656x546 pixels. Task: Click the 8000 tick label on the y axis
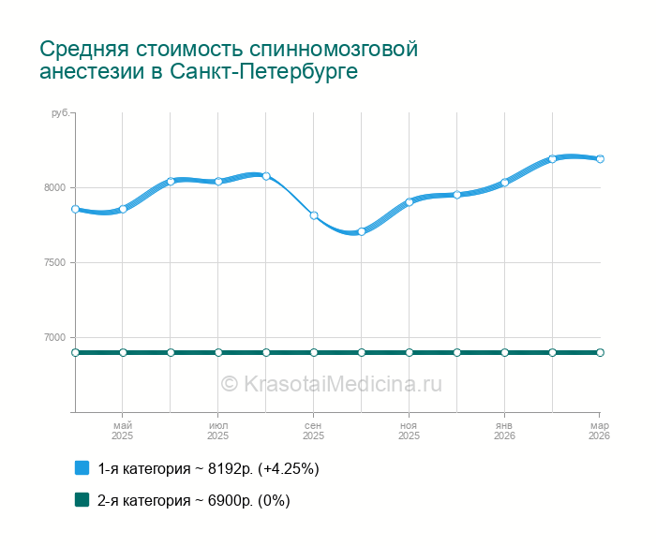pos(54,187)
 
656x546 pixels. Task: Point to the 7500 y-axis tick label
pos(54,262)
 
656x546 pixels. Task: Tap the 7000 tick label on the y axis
pos(54,337)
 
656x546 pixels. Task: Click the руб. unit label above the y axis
pos(60,112)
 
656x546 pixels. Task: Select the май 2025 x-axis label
pos(123,431)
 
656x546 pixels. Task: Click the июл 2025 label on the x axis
pos(218,431)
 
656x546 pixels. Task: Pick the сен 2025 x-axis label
pos(314,431)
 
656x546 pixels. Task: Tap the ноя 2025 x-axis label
pos(409,431)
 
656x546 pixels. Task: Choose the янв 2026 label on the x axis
pos(504,431)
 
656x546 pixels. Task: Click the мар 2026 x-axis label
pos(599,431)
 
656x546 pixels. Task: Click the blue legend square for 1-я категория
pos(82,468)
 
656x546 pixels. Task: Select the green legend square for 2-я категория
pos(82,500)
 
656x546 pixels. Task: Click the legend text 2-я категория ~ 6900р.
pos(193,500)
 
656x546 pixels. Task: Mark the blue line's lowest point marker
pos(362,231)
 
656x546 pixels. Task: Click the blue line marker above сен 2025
pos(314,215)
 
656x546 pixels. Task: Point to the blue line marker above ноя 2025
pos(410,201)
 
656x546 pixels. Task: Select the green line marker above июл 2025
pos(218,352)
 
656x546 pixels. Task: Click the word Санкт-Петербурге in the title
pos(265,72)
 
